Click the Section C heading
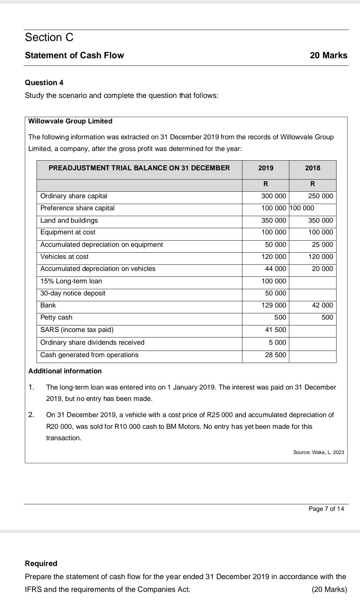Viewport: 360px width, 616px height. [x=49, y=37]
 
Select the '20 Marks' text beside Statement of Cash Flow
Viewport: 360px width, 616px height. [x=328, y=55]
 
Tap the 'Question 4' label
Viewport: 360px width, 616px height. [x=44, y=83]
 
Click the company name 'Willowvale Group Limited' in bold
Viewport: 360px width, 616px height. [x=70, y=121]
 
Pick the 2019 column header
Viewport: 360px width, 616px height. [x=266, y=168]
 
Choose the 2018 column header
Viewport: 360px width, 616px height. [x=312, y=168]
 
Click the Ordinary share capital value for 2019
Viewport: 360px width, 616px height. [x=274, y=196]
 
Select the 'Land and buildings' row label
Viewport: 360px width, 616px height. [x=69, y=221]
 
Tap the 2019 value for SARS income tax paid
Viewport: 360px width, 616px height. [x=276, y=330]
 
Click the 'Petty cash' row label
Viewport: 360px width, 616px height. [x=56, y=317]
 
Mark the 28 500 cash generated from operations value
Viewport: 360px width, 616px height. [x=276, y=355]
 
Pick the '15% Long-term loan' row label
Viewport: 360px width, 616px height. [x=71, y=281]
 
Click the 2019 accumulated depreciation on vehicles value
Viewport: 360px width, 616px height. [x=276, y=269]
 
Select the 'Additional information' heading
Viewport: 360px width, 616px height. [x=65, y=371]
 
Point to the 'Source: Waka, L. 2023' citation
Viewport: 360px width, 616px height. [x=319, y=452]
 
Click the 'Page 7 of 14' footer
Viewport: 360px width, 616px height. [x=326, y=509]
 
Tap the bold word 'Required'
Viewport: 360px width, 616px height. [x=41, y=564]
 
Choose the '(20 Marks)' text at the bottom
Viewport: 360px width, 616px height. [x=329, y=589]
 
